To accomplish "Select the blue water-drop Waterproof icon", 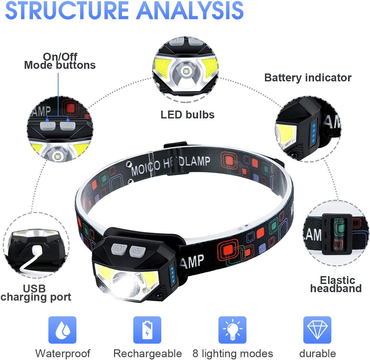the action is coord(62,330).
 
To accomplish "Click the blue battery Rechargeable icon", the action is coord(147,330).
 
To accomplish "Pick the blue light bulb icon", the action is coord(232,330).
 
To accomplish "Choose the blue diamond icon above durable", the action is coord(317,330).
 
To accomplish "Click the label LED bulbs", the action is coord(187,115).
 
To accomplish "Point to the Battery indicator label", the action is coord(308,78).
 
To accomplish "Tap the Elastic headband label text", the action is coord(336,284).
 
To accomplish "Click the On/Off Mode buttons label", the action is coord(60,61).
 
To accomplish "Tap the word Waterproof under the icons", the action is coord(63,353).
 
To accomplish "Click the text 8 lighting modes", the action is coord(233,353).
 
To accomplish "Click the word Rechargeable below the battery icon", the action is coord(147,353).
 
